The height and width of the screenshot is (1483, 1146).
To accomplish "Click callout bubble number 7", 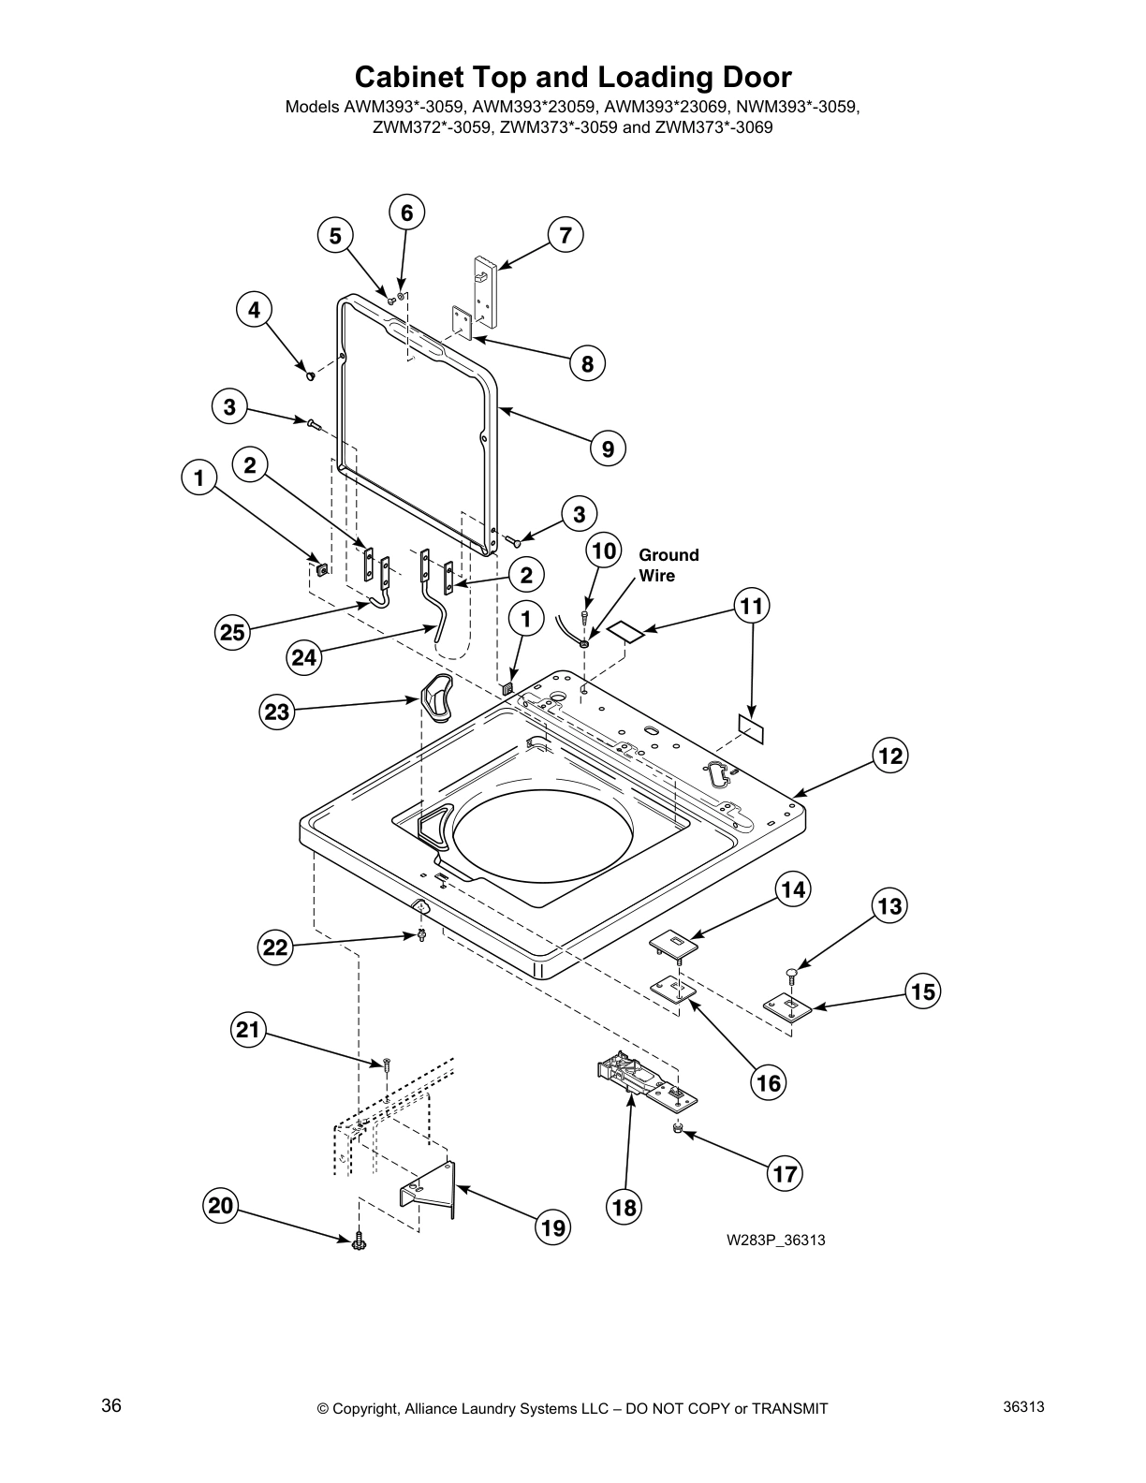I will tap(566, 234).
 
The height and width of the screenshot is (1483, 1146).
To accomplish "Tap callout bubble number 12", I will tap(890, 755).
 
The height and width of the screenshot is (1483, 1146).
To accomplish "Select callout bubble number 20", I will tap(220, 1206).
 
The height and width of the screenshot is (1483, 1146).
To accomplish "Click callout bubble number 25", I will tap(232, 633).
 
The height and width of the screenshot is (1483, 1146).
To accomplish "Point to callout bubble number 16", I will tap(768, 1083).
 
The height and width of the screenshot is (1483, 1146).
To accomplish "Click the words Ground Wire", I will tap(668, 565).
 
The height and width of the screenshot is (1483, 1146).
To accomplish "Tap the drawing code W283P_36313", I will tap(775, 1241).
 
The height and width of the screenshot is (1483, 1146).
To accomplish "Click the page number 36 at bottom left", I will tap(111, 1406).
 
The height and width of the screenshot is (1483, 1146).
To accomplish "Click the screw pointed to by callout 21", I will tap(385, 1065).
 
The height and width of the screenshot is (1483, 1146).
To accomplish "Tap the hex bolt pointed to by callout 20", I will tap(358, 1242).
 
